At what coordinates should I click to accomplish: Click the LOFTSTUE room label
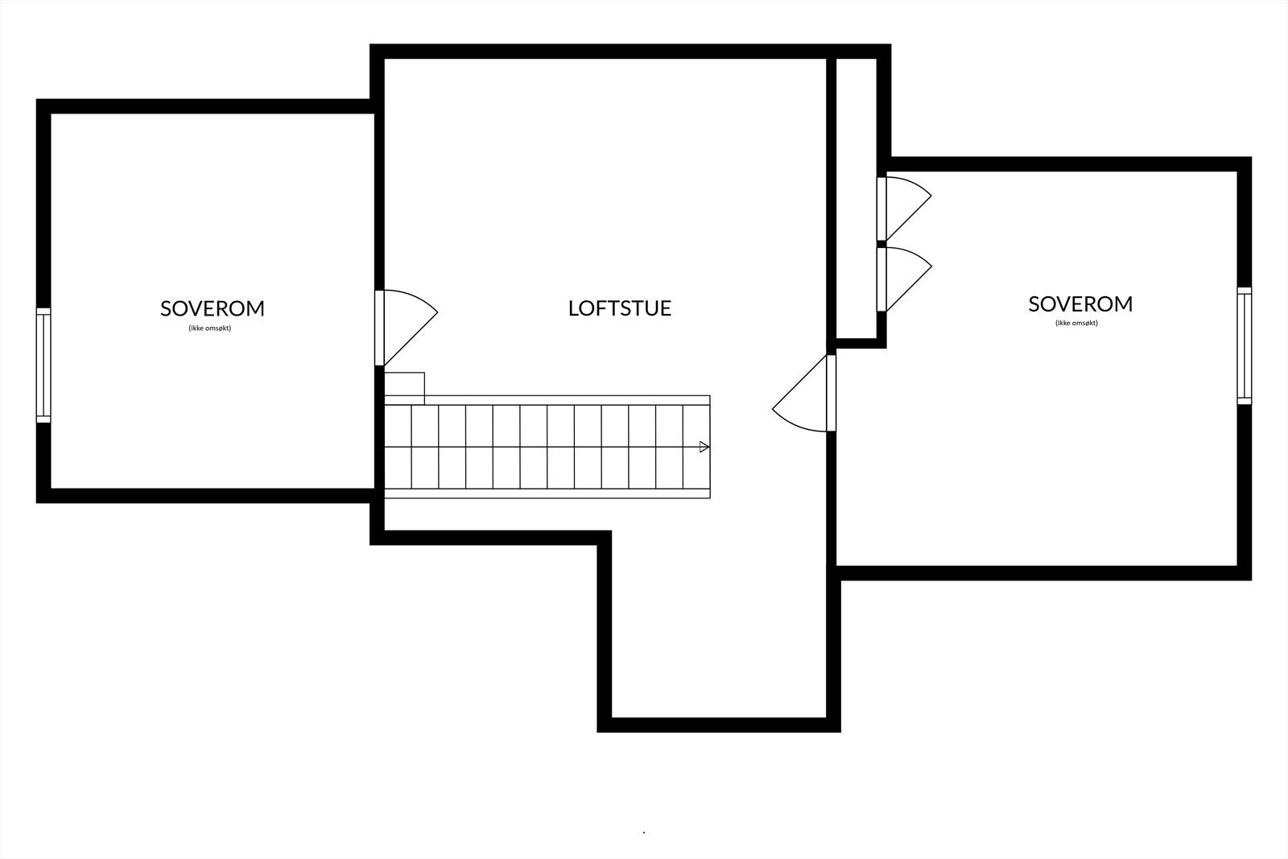click(620, 308)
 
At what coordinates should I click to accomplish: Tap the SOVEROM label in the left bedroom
click(213, 308)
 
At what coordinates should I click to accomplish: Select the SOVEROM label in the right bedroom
click(1080, 304)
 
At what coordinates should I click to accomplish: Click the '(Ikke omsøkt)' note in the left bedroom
click(209, 328)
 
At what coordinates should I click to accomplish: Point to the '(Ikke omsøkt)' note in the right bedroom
click(1076, 323)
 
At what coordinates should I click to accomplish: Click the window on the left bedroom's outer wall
click(43, 365)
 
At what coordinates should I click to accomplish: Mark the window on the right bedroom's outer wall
click(1245, 345)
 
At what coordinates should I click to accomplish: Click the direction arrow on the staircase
click(704, 447)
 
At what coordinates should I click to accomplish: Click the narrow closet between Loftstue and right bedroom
click(857, 197)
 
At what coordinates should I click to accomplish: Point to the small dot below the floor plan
click(644, 832)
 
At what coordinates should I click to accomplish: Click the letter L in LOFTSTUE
click(573, 308)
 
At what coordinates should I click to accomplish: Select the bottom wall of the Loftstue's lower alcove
click(719, 725)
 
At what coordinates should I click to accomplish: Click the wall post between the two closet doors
click(881, 243)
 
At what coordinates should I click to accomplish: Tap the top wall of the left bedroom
click(205, 105)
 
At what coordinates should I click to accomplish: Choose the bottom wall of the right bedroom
click(1042, 573)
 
